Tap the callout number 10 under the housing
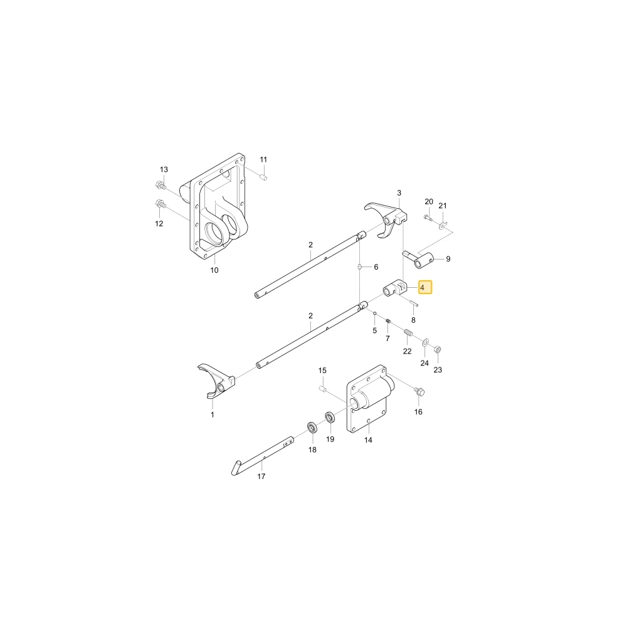coord(214,270)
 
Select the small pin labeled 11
coord(263,177)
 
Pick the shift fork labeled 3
coord(386,219)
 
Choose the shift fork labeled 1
coord(216,381)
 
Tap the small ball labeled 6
coord(359,266)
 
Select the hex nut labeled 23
coord(437,349)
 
